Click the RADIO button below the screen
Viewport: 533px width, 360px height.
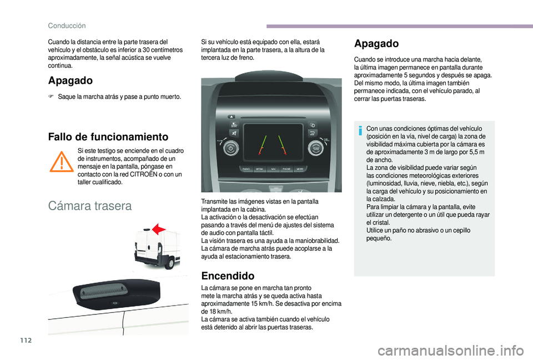[246, 169]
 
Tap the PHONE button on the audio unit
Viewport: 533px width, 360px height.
[286, 169]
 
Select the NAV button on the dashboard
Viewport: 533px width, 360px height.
[273, 169]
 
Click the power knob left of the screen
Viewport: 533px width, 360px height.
[230, 149]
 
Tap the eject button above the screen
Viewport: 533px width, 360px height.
[231, 116]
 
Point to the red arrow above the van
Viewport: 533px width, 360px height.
[159, 229]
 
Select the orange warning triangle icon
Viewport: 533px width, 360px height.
[62, 161]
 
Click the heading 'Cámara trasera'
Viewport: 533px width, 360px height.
[90, 206]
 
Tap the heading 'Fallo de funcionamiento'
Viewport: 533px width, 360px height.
[108, 137]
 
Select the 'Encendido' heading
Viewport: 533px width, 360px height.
[228, 276]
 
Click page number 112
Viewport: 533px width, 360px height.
[26, 340]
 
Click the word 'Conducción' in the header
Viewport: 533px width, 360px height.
[67, 26]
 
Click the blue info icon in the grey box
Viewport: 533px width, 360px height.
[360, 130]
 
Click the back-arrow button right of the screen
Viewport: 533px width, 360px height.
[313, 133]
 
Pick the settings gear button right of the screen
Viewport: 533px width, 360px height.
[313, 125]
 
